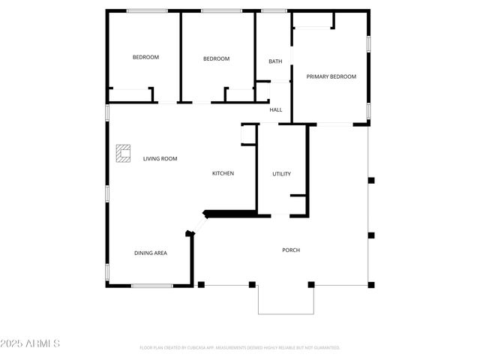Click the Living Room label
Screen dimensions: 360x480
[160, 158]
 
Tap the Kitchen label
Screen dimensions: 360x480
[223, 173]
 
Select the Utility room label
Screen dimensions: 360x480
[281, 174]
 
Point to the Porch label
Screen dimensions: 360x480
[291, 250]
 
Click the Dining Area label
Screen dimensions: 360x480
[151, 253]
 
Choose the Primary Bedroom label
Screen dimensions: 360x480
[331, 76]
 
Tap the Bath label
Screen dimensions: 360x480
[275, 61]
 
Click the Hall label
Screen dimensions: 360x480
[276, 110]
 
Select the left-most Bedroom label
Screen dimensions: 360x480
[145, 57]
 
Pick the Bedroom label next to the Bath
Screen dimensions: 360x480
[216, 58]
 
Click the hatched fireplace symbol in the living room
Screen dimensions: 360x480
[123, 153]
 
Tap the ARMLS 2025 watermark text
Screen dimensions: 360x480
[31, 343]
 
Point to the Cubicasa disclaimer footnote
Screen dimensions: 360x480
[240, 347]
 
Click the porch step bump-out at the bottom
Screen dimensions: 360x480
[286, 299]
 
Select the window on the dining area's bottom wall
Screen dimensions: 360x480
[152, 285]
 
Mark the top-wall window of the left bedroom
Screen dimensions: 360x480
[147, 10]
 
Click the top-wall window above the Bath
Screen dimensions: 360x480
[274, 10]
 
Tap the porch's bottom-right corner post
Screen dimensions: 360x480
[370, 284]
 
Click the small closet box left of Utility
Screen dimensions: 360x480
[248, 133]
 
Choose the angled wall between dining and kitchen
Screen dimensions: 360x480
[199, 223]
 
